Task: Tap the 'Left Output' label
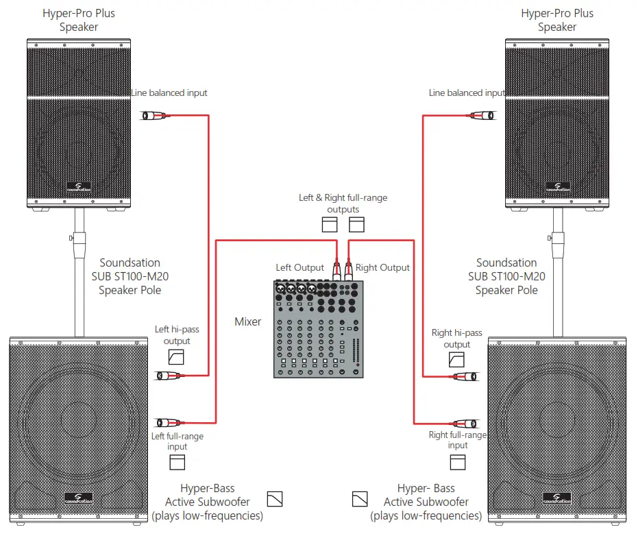coord(299,267)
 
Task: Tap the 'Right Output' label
coord(382,267)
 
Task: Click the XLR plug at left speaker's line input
coord(154,116)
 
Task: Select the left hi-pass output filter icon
coord(176,356)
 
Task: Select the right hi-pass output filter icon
coord(456,360)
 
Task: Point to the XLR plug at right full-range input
coord(463,424)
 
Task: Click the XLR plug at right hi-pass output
coord(463,376)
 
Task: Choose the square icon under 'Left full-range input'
coord(178,461)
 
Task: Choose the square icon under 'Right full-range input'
coord(457,462)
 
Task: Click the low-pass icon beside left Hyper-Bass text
coord(275,498)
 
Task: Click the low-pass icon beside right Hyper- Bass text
coord(359,498)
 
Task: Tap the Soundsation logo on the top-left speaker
coord(79,186)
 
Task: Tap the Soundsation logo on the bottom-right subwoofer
coord(556,496)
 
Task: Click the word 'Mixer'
coord(247,321)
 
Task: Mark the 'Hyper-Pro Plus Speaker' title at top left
coord(78,20)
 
